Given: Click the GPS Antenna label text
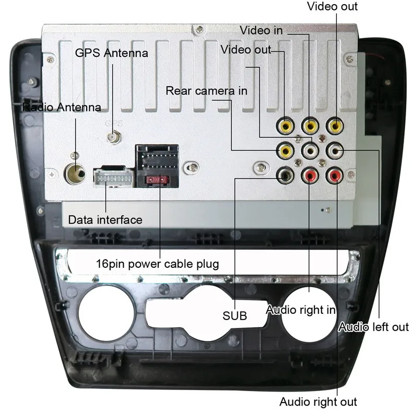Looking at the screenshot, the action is coord(111,53).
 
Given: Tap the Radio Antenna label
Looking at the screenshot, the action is coord(62,108).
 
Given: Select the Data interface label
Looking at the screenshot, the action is coord(105,219).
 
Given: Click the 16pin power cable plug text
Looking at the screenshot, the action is coord(157,263).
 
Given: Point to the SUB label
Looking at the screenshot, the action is coord(234,316).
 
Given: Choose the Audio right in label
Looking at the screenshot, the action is coord(300,310).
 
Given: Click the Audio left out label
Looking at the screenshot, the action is coord(373,327).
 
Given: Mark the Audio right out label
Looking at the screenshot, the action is coord(318,402).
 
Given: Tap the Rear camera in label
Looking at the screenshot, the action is coord(206,91).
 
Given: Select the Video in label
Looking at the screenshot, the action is coord(261,30).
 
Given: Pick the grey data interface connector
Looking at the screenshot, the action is coord(111,178).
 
